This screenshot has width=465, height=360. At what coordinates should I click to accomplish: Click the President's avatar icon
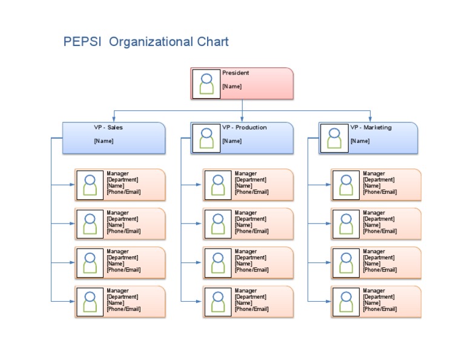pos(207,84)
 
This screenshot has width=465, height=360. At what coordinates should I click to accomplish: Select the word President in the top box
pos(236,73)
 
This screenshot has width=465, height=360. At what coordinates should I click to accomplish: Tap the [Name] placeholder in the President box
pos(232,87)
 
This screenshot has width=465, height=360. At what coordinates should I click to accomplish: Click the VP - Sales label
pos(108,128)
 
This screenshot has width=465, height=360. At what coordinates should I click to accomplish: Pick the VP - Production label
pos(244,128)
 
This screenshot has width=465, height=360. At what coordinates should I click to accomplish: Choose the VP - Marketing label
pos(371,128)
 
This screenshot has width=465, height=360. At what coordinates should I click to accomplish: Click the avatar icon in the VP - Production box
pos(207,138)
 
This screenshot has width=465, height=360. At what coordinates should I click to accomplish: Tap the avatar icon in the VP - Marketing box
pos(334,138)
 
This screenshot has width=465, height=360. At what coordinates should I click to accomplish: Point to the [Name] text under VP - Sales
pos(104,141)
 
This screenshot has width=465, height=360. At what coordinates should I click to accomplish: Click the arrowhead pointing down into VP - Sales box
pos(114,119)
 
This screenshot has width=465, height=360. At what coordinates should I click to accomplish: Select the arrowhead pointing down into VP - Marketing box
pos(371,119)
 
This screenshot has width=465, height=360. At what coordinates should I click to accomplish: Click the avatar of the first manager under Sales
pos(90,185)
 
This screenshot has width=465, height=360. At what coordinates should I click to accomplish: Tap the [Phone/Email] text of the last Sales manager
pos(124,309)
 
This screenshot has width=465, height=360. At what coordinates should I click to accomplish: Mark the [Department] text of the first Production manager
pos(251,180)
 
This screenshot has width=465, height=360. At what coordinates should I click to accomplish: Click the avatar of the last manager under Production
pos(218,302)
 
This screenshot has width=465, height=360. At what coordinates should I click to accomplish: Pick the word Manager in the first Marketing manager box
pos(374,174)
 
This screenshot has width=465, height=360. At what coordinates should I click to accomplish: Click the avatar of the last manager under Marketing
pos(346,302)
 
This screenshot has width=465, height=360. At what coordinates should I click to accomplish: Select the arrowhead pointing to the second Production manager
pos(200,224)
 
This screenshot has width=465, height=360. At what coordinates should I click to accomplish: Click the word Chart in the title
pos(213,42)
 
